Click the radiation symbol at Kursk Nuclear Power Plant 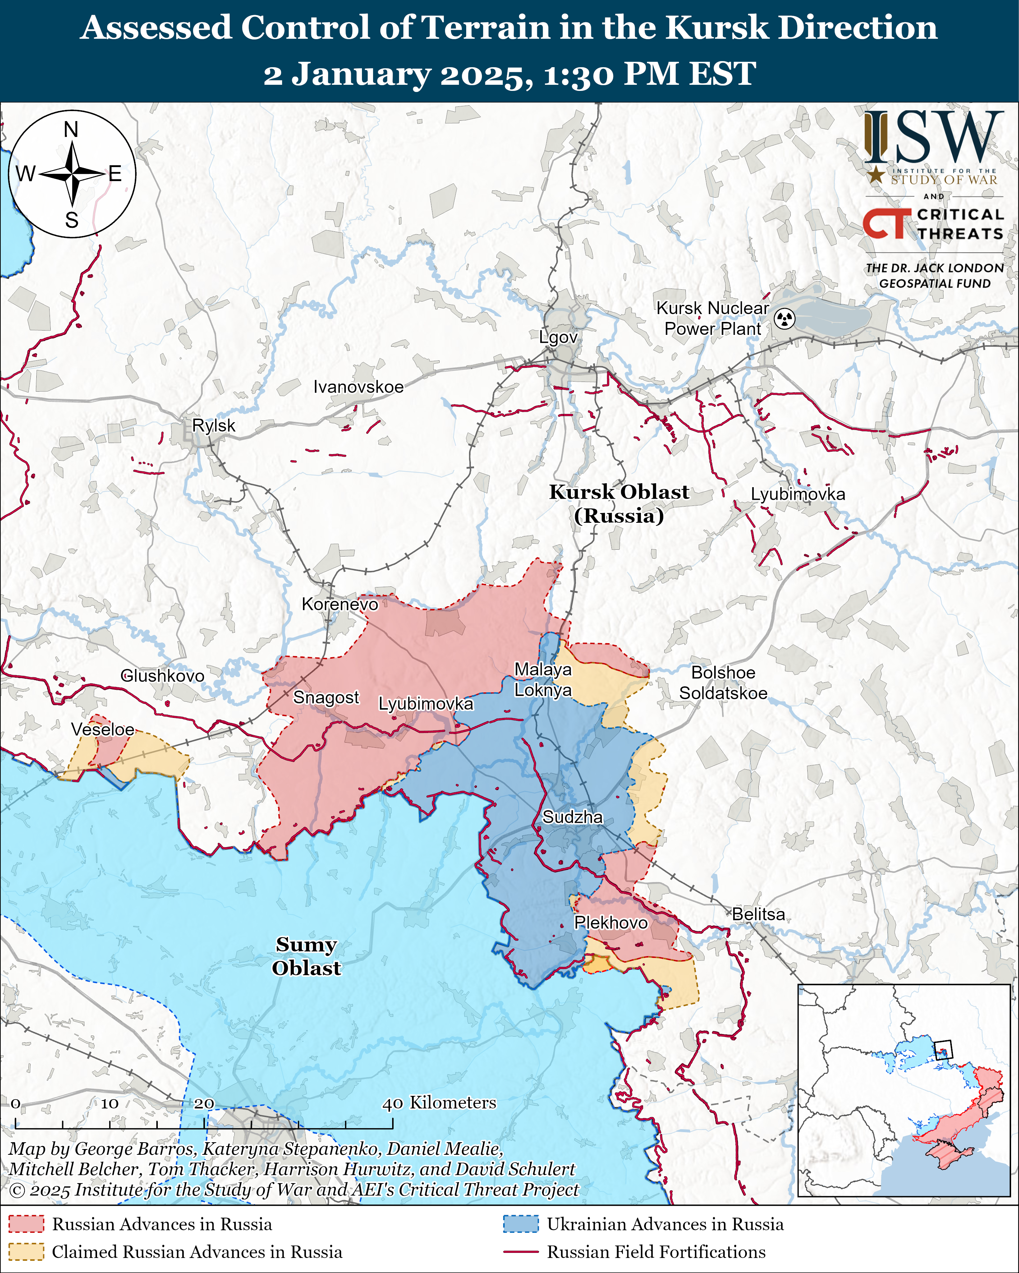point(785,319)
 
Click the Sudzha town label point(573,817)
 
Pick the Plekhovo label point(611,922)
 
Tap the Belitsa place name point(758,914)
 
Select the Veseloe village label point(103,729)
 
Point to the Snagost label point(326,697)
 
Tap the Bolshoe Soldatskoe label point(723,683)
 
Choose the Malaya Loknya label point(543,679)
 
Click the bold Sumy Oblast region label point(306,956)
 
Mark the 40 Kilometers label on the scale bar point(439,1103)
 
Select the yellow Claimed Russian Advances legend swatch point(26,1252)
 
